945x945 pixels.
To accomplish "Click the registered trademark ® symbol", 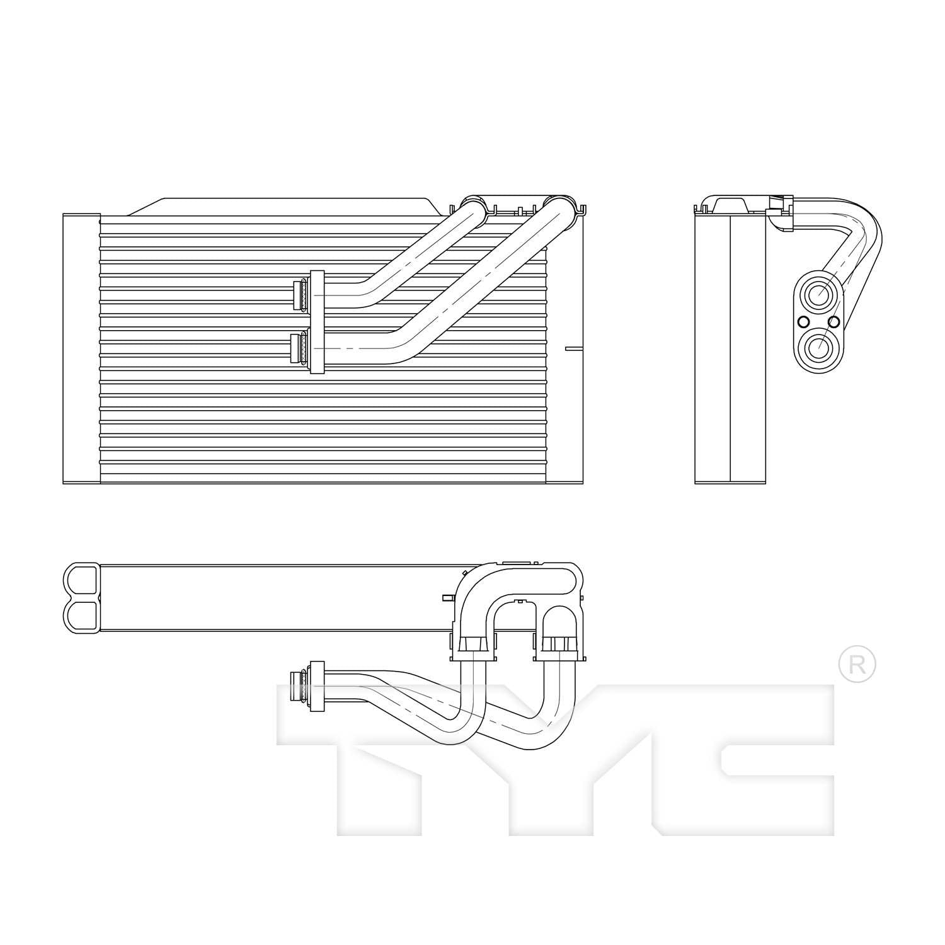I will [857, 664].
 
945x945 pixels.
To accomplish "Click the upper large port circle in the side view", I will [818, 294].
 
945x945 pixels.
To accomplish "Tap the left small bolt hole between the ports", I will [803, 323].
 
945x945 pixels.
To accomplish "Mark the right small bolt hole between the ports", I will [834, 323].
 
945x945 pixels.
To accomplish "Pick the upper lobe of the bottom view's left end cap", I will [82, 580].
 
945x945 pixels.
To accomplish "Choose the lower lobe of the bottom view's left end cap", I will [82, 615].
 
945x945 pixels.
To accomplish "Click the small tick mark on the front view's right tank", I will [574, 348].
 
